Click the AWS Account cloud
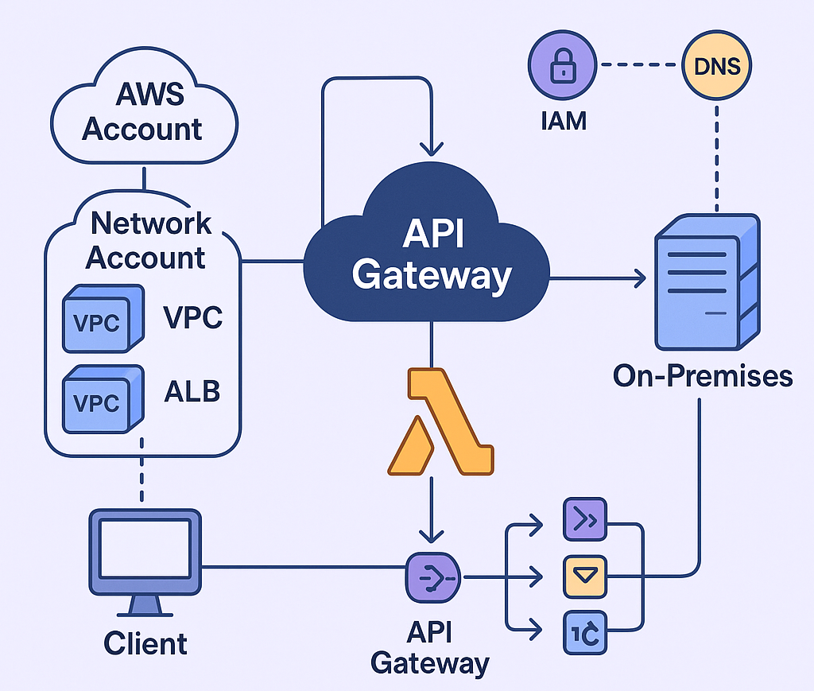[x=143, y=111]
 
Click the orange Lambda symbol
[x=438, y=421]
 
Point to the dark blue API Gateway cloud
[x=430, y=254]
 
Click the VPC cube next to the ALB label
[x=102, y=400]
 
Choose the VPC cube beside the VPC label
[x=102, y=320]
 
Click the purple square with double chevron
[x=584, y=521]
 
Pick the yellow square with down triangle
[x=584, y=576]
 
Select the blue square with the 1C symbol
[x=584, y=632]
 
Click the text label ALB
[x=192, y=391]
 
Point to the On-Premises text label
[x=703, y=375]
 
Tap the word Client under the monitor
[x=145, y=642]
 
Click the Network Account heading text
[x=148, y=240]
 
